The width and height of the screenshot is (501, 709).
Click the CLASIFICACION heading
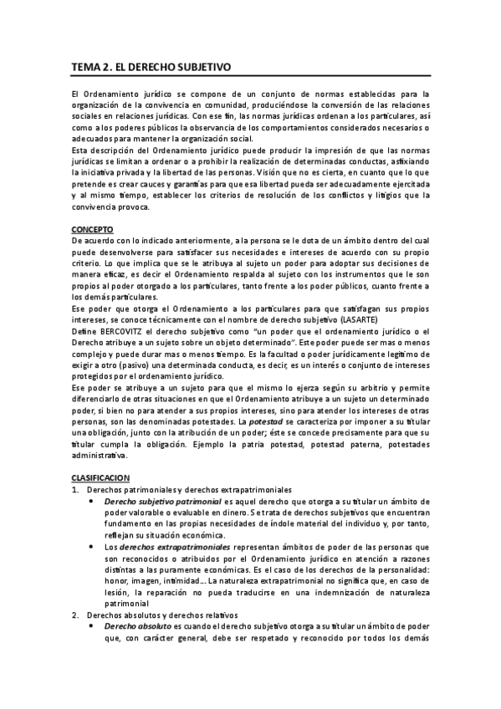tap(100, 477)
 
